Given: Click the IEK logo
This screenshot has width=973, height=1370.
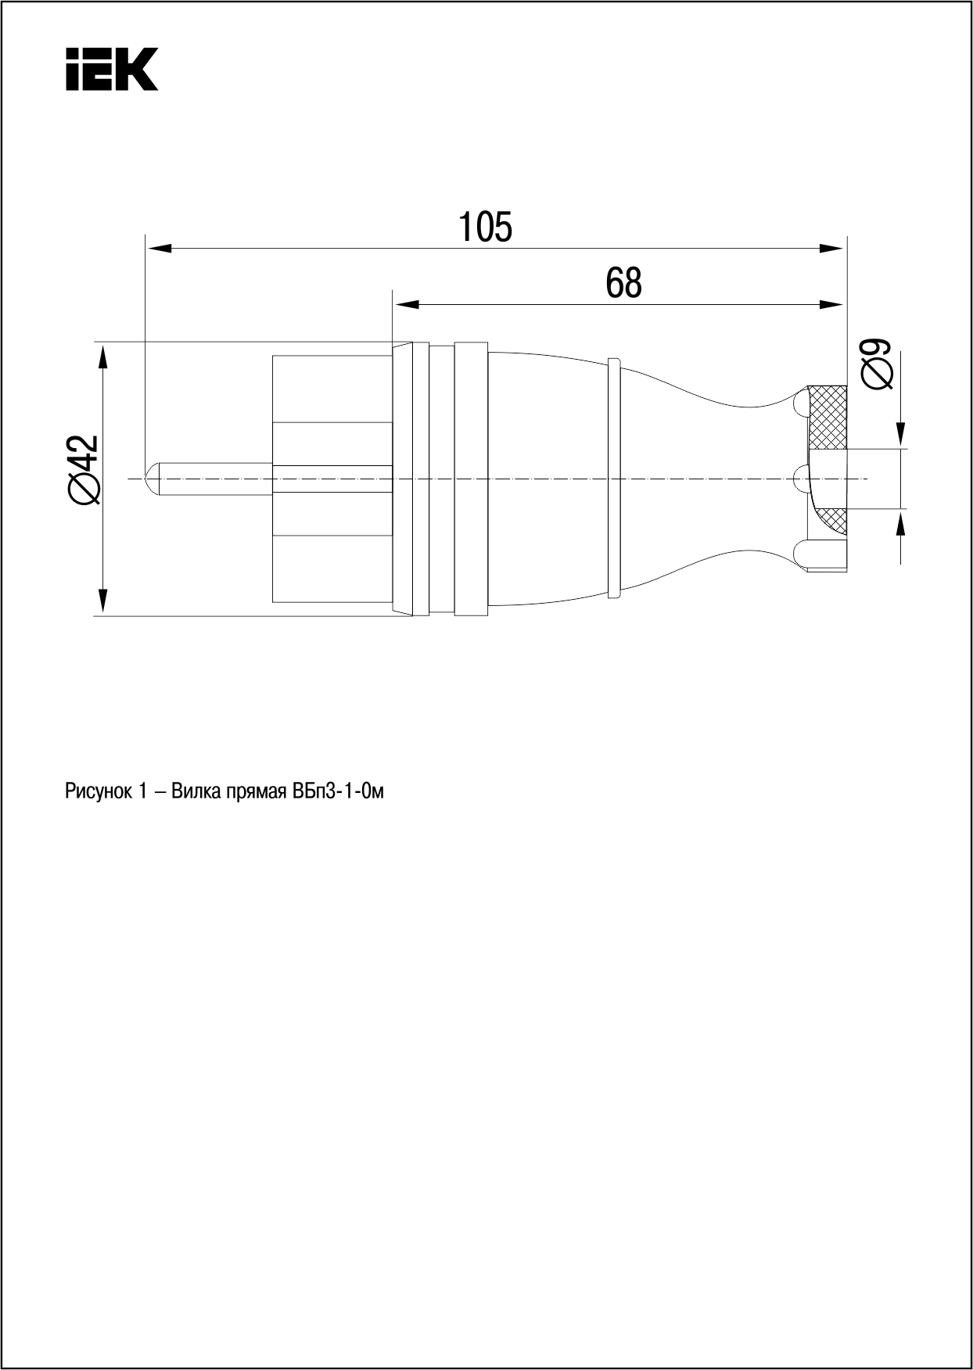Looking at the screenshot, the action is tap(111, 69).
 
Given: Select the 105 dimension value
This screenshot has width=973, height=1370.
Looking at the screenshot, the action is tap(485, 227).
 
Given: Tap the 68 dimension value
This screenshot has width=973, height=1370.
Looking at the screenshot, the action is tap(623, 282).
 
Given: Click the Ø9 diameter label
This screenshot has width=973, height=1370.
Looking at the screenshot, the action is tap(877, 364).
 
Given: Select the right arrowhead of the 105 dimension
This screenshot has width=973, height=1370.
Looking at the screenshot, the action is tap(831, 249).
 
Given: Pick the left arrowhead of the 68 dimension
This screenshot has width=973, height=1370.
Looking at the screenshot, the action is tap(406, 303).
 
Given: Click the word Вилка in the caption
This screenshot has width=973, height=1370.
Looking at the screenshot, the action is tap(195, 791).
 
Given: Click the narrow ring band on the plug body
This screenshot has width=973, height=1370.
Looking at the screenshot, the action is tap(614, 479).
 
